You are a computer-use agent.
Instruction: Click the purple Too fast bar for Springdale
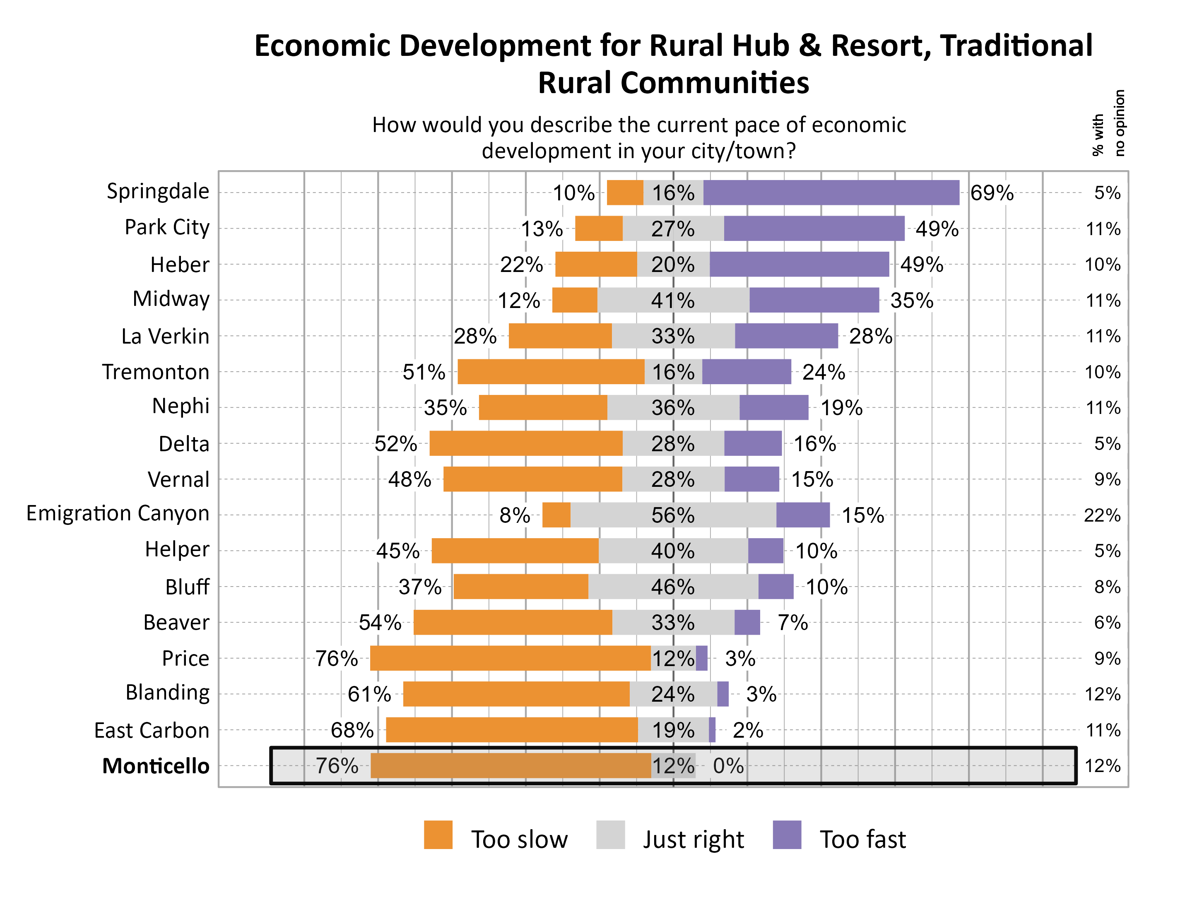(831, 193)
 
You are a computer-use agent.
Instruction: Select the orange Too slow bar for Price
(510, 658)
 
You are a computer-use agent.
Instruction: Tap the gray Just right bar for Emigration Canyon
(673, 515)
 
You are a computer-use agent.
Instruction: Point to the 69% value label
(992, 193)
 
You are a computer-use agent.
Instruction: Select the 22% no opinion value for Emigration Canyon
(1102, 515)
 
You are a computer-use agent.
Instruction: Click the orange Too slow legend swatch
(438, 835)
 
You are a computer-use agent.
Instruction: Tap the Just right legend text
(693, 839)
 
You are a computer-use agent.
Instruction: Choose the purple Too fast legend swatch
(787, 835)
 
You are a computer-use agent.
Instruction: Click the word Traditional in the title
(1016, 46)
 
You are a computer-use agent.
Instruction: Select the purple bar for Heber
(799, 264)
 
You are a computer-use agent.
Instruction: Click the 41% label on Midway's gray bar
(673, 301)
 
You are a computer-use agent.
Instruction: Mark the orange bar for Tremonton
(551, 372)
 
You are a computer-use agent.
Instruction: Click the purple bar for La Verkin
(786, 336)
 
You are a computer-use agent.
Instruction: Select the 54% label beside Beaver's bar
(380, 622)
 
